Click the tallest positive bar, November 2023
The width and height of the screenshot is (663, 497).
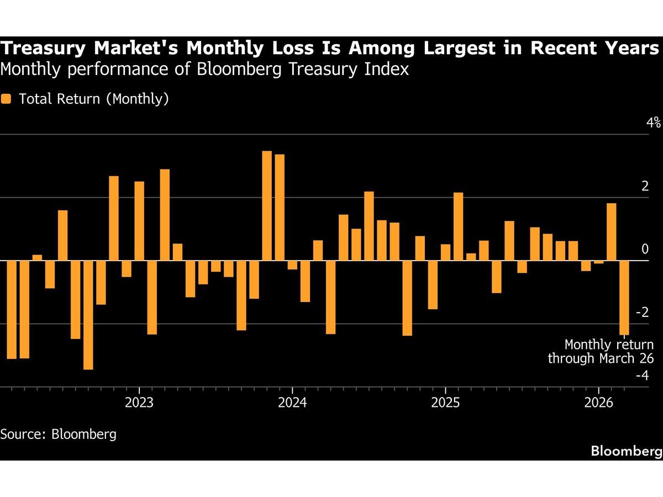tap(267, 205)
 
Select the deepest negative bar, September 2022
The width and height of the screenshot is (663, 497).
tap(88, 315)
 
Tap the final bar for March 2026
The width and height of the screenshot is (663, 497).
tap(624, 298)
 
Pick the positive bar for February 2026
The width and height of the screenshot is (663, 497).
tap(612, 232)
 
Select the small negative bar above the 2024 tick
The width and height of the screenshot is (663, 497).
tap(292, 265)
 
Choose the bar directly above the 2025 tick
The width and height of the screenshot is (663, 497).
tap(445, 252)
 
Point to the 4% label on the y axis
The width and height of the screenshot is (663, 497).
tap(654, 123)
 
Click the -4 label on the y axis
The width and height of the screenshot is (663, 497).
tap(642, 376)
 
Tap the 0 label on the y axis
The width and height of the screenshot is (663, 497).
tap(645, 250)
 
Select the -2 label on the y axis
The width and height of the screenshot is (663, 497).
tap(642, 313)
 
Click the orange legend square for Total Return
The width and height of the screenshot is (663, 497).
tap(6, 99)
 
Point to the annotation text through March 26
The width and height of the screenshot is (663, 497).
tap(601, 358)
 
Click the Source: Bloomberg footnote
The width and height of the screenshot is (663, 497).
tap(59, 434)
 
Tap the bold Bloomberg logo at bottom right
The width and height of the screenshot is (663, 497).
tap(625, 451)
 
